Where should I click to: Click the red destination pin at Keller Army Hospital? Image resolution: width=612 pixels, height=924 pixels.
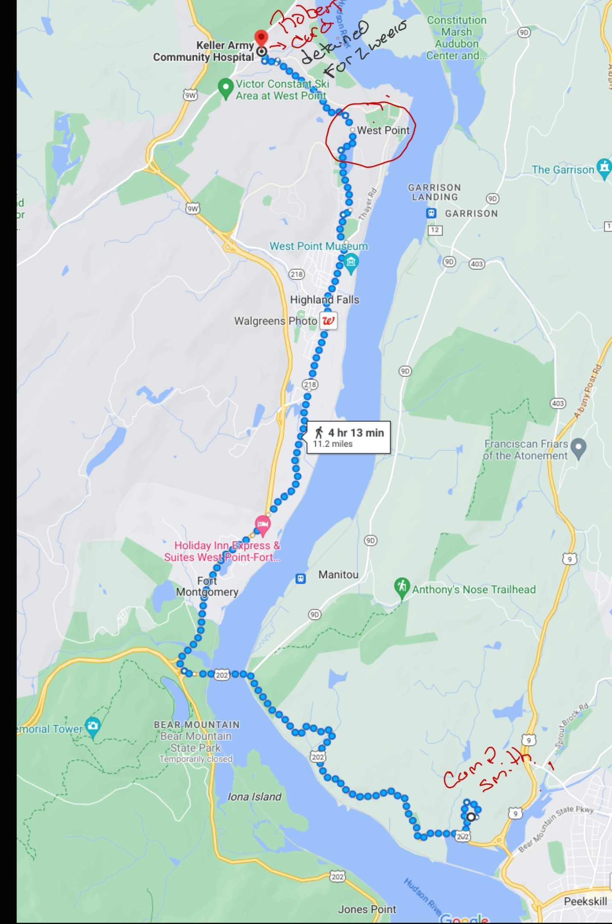coord(261,38)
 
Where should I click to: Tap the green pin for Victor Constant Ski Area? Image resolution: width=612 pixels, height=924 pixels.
coord(225,87)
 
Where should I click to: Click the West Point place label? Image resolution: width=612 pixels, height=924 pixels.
coord(383,130)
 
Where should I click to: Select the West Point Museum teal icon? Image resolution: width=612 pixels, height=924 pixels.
coord(351,262)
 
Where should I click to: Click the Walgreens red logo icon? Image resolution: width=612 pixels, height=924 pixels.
coord(328,321)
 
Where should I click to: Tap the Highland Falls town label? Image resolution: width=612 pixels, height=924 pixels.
coord(324,300)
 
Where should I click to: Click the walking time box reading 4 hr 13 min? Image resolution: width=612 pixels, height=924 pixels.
coord(348,437)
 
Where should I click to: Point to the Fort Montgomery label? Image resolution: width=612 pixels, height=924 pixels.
coord(207,586)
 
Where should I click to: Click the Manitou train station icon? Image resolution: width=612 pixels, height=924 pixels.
coord(301,579)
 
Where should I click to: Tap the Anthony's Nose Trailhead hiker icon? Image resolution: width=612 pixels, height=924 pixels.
coord(402,586)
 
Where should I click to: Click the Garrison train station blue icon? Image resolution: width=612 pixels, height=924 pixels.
coord(431,213)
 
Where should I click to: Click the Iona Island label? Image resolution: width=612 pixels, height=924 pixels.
coord(254,796)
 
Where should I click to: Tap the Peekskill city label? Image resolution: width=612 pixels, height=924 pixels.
coord(585,901)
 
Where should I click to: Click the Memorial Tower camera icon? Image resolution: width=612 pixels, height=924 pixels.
coord(93,725)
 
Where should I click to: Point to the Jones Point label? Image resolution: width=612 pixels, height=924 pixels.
coord(367,909)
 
